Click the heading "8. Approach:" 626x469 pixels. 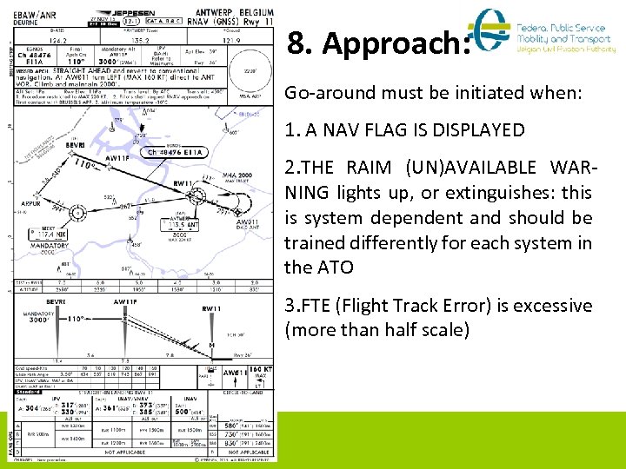[378, 44]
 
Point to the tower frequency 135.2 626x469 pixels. [135, 39]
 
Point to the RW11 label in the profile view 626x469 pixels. [211, 308]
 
